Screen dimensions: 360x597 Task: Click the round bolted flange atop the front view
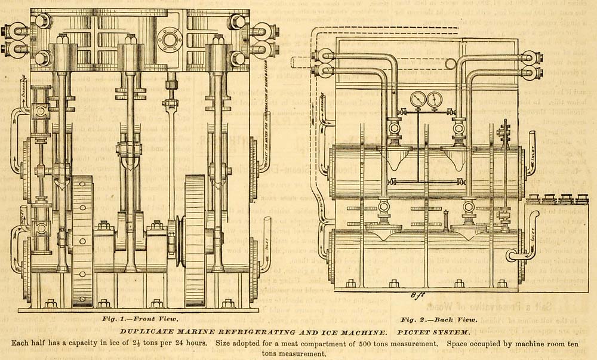click(x=170, y=39)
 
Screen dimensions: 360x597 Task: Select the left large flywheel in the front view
click(x=82, y=239)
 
